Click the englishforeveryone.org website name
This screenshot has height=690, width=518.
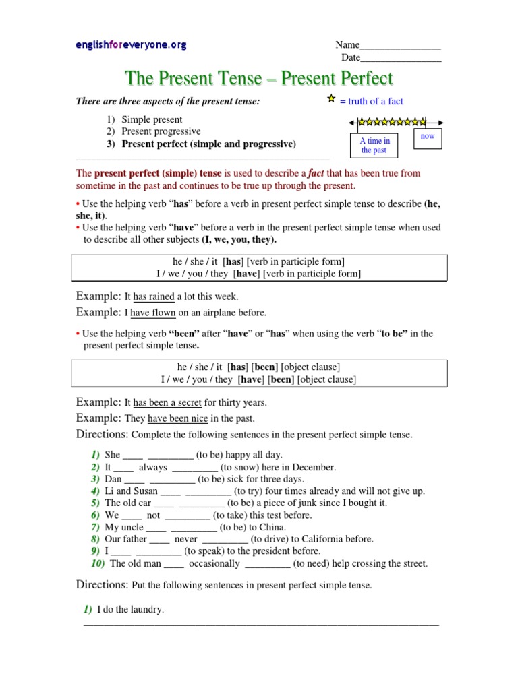[x=130, y=45]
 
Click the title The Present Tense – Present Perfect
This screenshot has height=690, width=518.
[x=259, y=79]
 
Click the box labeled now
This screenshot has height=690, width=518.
[x=428, y=137]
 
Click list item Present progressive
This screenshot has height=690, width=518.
[x=161, y=131]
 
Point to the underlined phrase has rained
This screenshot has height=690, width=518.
[x=154, y=296]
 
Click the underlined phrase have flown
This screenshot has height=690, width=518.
[x=153, y=313]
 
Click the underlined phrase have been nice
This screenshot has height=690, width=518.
[x=177, y=418]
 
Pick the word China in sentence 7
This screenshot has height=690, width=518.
[x=272, y=527]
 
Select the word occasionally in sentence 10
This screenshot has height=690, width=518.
[x=214, y=563]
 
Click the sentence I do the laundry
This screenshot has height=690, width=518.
[x=130, y=610]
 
